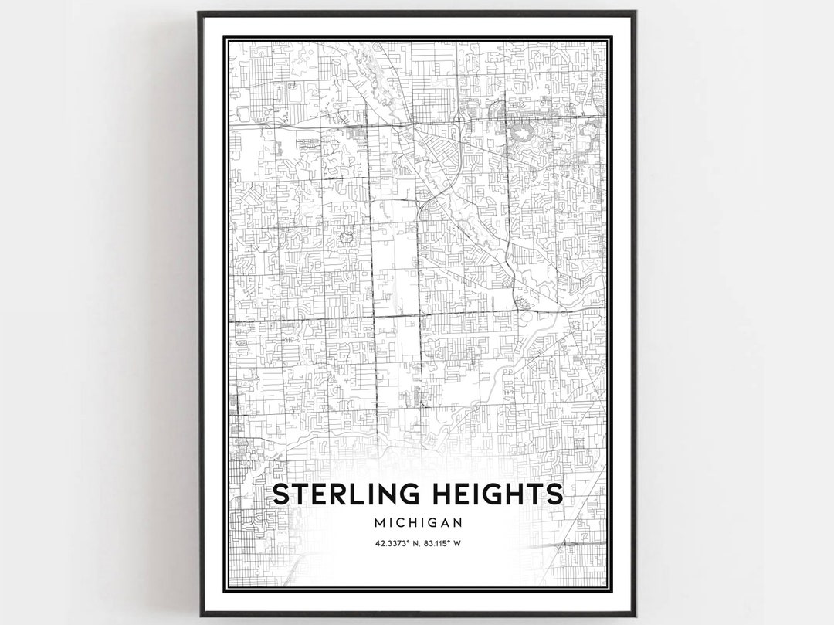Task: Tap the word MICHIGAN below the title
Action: (x=418, y=522)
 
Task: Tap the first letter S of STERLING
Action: (x=283, y=494)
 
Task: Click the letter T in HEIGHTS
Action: (x=533, y=494)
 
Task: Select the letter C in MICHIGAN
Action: (x=400, y=522)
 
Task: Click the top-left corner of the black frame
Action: (x=199, y=12)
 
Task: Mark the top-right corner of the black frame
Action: (x=635, y=12)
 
